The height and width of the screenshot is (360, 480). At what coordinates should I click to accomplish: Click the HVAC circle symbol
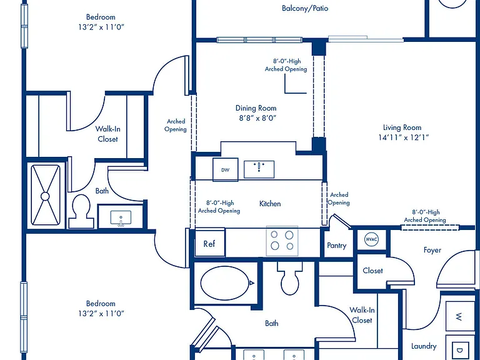click(372, 239)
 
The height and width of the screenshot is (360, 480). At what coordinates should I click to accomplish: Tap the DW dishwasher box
click(225, 169)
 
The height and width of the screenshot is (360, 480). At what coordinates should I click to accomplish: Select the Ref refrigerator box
click(210, 243)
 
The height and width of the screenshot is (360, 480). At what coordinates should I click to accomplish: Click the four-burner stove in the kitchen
click(282, 241)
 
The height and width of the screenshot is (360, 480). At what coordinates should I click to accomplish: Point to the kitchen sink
click(259, 169)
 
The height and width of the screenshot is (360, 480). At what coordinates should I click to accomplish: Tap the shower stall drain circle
click(45, 196)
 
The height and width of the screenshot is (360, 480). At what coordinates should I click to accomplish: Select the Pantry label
click(336, 246)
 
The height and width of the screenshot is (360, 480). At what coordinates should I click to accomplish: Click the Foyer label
click(432, 250)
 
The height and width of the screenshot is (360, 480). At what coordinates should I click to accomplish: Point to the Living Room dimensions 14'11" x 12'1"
click(403, 137)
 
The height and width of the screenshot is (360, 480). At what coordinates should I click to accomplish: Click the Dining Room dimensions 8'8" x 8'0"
click(257, 118)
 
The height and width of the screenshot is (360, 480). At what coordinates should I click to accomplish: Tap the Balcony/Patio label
click(305, 8)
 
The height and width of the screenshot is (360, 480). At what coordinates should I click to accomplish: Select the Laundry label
click(424, 346)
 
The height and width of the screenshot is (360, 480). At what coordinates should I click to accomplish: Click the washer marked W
click(459, 316)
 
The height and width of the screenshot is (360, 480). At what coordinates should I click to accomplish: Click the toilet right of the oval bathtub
click(289, 278)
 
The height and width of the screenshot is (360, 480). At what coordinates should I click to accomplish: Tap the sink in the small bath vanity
click(121, 217)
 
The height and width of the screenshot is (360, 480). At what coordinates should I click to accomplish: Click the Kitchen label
click(270, 204)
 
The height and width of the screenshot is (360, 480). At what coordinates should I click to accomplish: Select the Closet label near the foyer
click(372, 271)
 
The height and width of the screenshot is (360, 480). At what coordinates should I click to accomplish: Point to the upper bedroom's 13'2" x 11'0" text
click(101, 27)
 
